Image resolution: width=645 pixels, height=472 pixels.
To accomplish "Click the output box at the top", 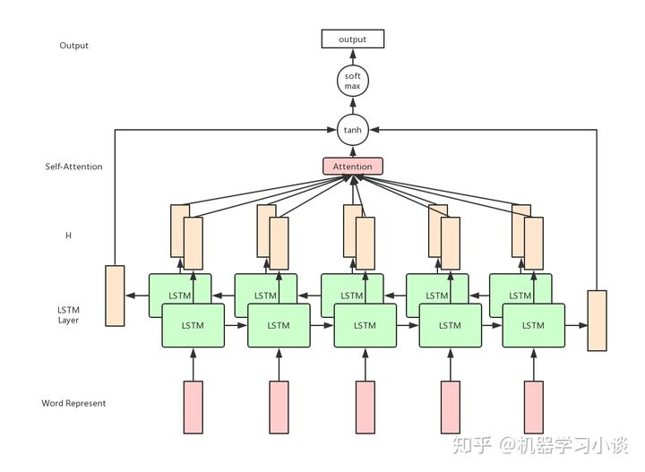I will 352,39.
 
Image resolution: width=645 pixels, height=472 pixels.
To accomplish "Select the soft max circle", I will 352,82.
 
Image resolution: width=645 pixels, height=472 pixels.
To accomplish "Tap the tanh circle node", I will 352,131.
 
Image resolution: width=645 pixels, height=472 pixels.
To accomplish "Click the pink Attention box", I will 352,167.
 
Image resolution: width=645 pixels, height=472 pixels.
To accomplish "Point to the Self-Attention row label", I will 73,167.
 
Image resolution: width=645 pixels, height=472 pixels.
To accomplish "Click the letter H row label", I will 68,236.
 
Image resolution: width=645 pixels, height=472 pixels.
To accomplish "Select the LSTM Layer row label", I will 68,314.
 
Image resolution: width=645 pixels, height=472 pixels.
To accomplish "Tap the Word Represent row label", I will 73,403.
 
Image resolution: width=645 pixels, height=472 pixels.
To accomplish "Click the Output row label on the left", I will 73,46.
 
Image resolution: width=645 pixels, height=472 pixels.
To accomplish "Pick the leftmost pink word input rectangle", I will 193,408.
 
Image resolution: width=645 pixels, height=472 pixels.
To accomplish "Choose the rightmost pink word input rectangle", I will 534,408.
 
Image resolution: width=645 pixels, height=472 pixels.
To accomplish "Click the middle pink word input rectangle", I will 365,408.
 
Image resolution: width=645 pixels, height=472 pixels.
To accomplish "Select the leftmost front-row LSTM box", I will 193,325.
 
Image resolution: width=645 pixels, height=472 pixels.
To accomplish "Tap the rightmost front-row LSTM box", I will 533,325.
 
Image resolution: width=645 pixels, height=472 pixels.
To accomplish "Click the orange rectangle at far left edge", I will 115,296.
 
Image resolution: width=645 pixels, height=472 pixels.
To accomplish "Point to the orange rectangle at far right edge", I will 597,320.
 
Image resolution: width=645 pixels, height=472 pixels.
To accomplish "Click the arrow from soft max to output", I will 352,57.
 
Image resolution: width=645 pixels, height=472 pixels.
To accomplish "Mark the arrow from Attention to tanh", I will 352,151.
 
